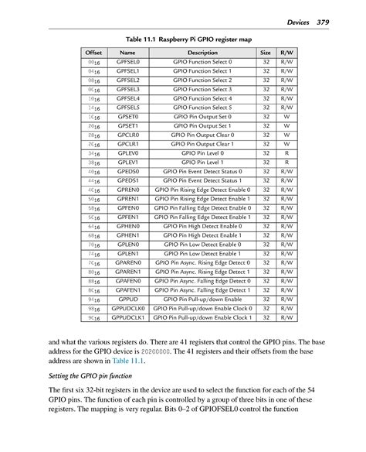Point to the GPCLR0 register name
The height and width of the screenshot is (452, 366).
click(128, 134)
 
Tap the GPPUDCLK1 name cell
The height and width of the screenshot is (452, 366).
click(128, 316)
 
